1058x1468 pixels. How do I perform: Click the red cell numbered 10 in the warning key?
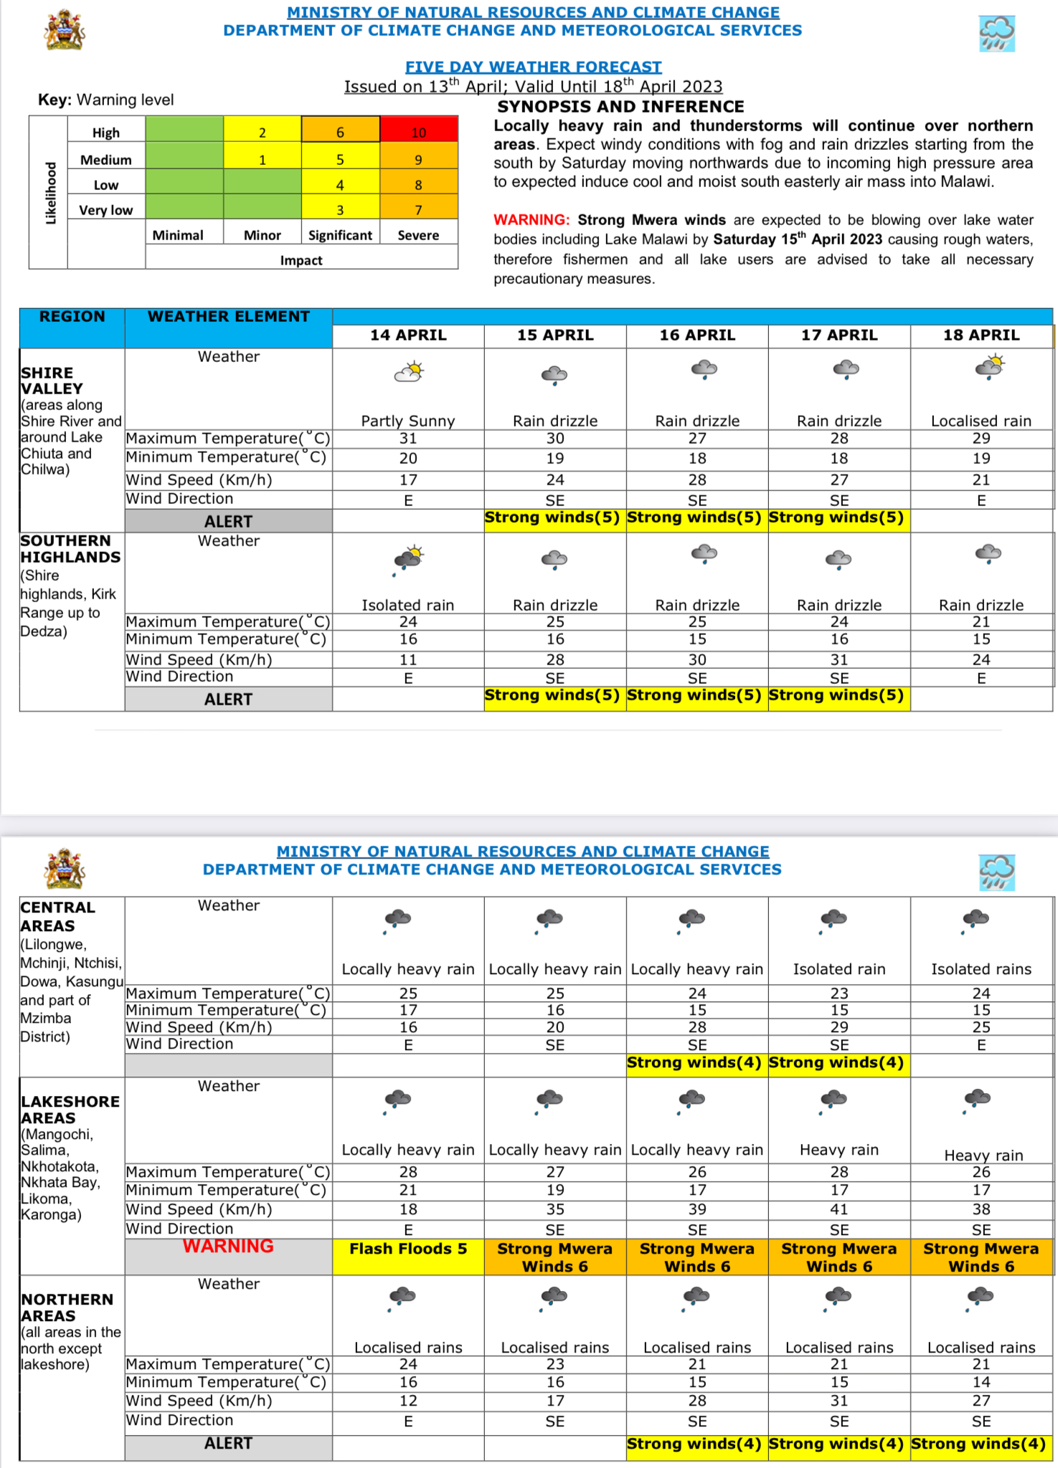pos(418,132)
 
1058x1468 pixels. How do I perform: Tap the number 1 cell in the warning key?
pos(263,159)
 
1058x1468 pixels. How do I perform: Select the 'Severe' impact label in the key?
pos(418,235)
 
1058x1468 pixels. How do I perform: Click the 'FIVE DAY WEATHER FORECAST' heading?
pos(533,67)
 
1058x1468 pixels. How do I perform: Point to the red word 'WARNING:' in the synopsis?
pos(531,220)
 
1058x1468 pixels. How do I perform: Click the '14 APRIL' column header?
pos(408,335)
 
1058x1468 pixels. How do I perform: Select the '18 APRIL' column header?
pos(981,335)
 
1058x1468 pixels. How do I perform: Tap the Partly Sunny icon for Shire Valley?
pos(409,372)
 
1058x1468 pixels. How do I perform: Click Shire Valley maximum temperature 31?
pos(408,439)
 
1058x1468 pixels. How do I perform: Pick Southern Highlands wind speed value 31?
pos(839,659)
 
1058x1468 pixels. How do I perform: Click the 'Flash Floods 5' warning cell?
pos(408,1249)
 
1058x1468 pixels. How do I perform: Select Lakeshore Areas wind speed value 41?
pos(839,1209)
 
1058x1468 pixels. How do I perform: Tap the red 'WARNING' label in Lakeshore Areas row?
pos(228,1247)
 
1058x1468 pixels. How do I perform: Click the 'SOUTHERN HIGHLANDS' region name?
pos(70,549)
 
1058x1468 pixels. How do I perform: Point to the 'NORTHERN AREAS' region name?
pos(67,1307)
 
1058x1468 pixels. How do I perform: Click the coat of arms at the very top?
pos(65,30)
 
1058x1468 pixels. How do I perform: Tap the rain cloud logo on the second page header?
pos(996,872)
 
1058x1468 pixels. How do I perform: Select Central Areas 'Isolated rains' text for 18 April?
pos(981,969)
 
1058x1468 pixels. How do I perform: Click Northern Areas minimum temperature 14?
pos(981,1382)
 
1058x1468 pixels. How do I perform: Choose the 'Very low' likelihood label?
pos(106,210)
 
